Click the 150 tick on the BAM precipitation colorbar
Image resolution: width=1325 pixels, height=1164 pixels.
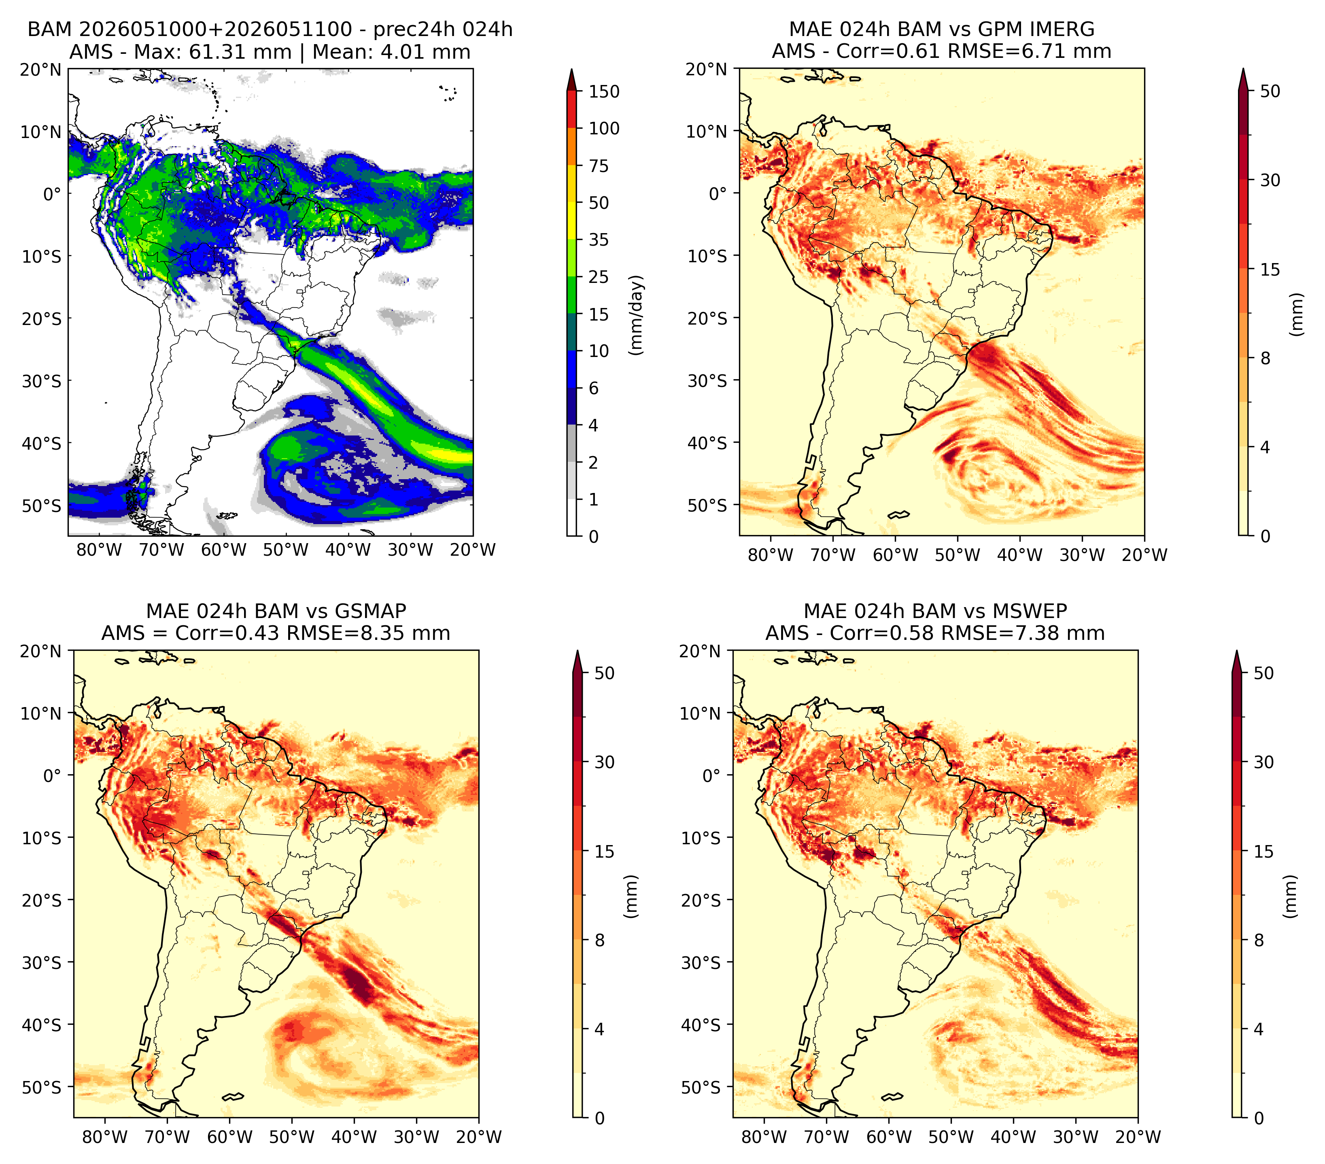604,91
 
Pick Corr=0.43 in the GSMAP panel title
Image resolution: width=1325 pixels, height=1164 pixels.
227,633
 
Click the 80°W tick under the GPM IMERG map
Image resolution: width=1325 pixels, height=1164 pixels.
770,555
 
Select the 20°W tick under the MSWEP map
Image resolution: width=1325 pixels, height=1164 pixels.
1138,1137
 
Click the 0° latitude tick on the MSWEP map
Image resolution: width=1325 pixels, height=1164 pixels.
712,775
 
